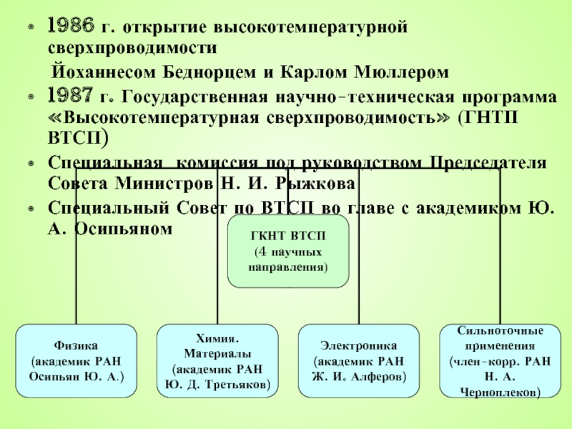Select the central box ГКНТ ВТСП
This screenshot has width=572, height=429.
(x=288, y=252)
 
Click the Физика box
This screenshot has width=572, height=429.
(x=76, y=361)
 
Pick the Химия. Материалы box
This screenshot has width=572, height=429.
(x=217, y=361)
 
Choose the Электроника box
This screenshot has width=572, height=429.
(x=357, y=361)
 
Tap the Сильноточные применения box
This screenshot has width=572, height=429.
(x=500, y=361)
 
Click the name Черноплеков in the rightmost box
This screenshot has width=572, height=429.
(x=500, y=392)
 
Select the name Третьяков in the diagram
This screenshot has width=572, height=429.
(x=238, y=385)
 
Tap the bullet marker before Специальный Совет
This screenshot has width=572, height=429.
(x=29, y=209)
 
